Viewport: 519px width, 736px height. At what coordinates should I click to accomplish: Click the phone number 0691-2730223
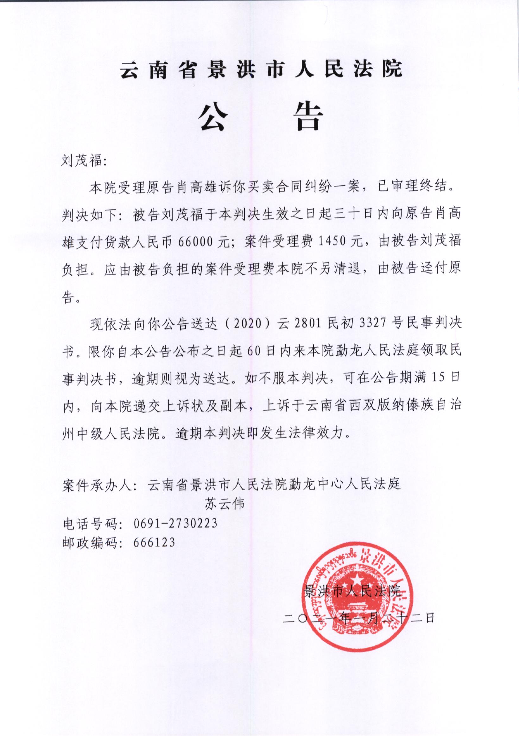[175, 523]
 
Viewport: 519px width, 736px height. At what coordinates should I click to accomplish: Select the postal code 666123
[154, 542]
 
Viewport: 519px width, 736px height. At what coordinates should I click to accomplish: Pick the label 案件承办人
[98, 485]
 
